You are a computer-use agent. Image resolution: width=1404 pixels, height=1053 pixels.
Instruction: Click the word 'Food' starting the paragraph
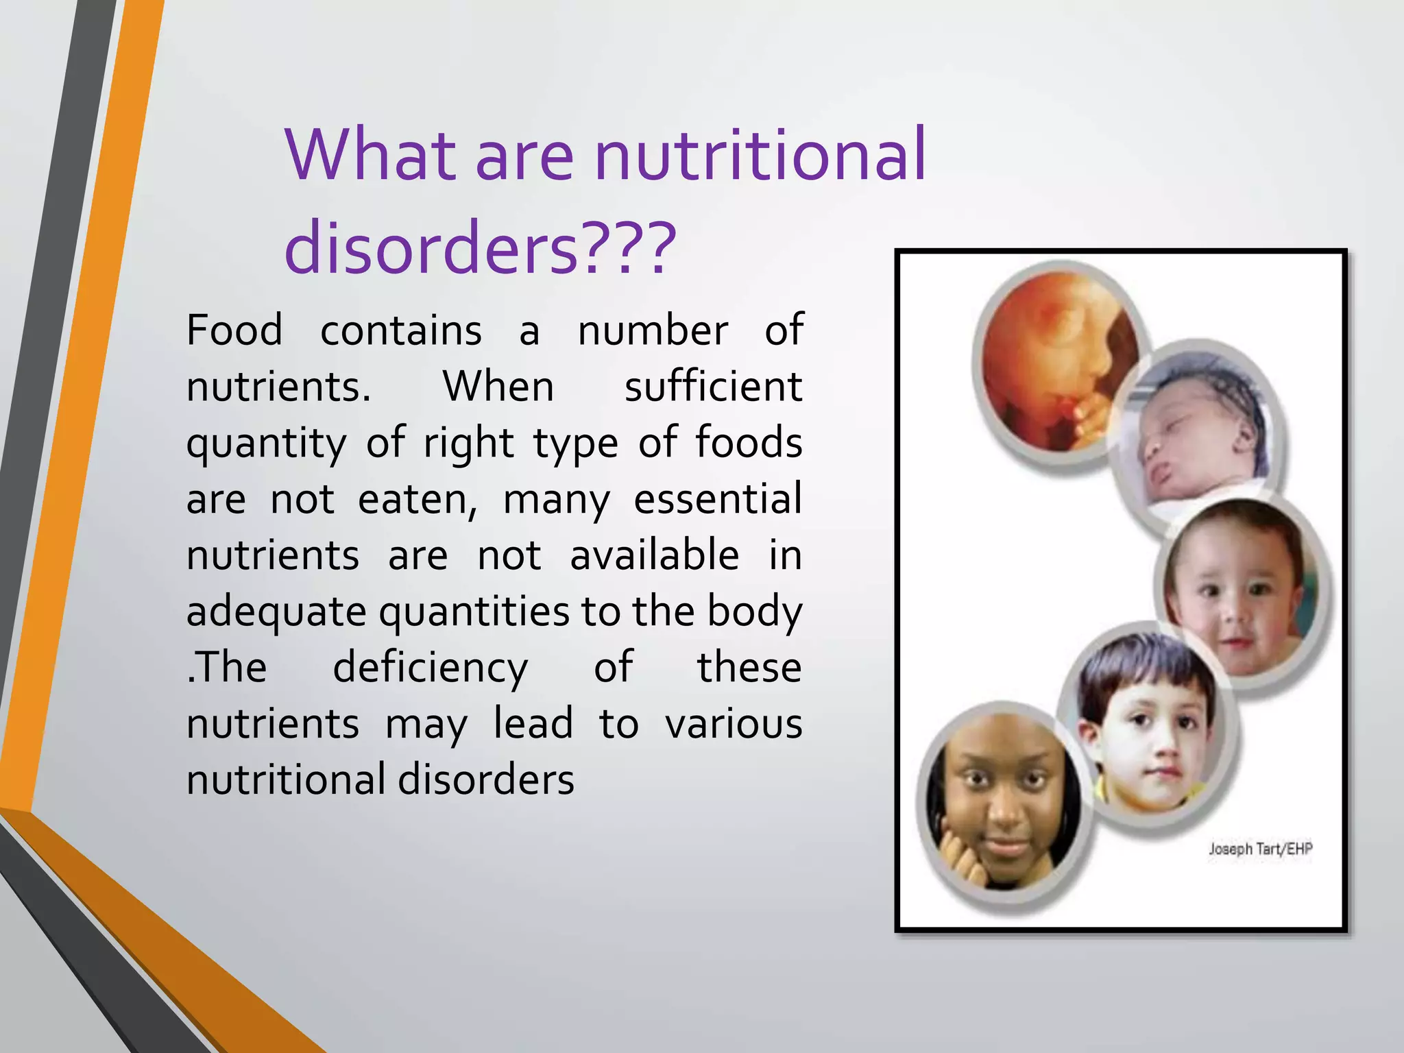pyautogui.click(x=234, y=330)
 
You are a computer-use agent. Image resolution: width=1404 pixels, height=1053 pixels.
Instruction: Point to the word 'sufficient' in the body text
pyautogui.click(x=713, y=387)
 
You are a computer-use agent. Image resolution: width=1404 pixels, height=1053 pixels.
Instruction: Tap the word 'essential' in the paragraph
pyautogui.click(x=717, y=499)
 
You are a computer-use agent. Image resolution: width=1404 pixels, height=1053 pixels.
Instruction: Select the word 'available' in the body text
pyautogui.click(x=655, y=555)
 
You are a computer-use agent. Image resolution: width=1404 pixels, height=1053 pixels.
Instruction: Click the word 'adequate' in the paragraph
pyautogui.click(x=276, y=612)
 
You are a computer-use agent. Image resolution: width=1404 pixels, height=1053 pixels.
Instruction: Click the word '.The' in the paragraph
pyautogui.click(x=227, y=668)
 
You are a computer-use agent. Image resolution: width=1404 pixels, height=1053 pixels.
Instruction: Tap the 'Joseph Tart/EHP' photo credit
pyautogui.click(x=1260, y=849)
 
